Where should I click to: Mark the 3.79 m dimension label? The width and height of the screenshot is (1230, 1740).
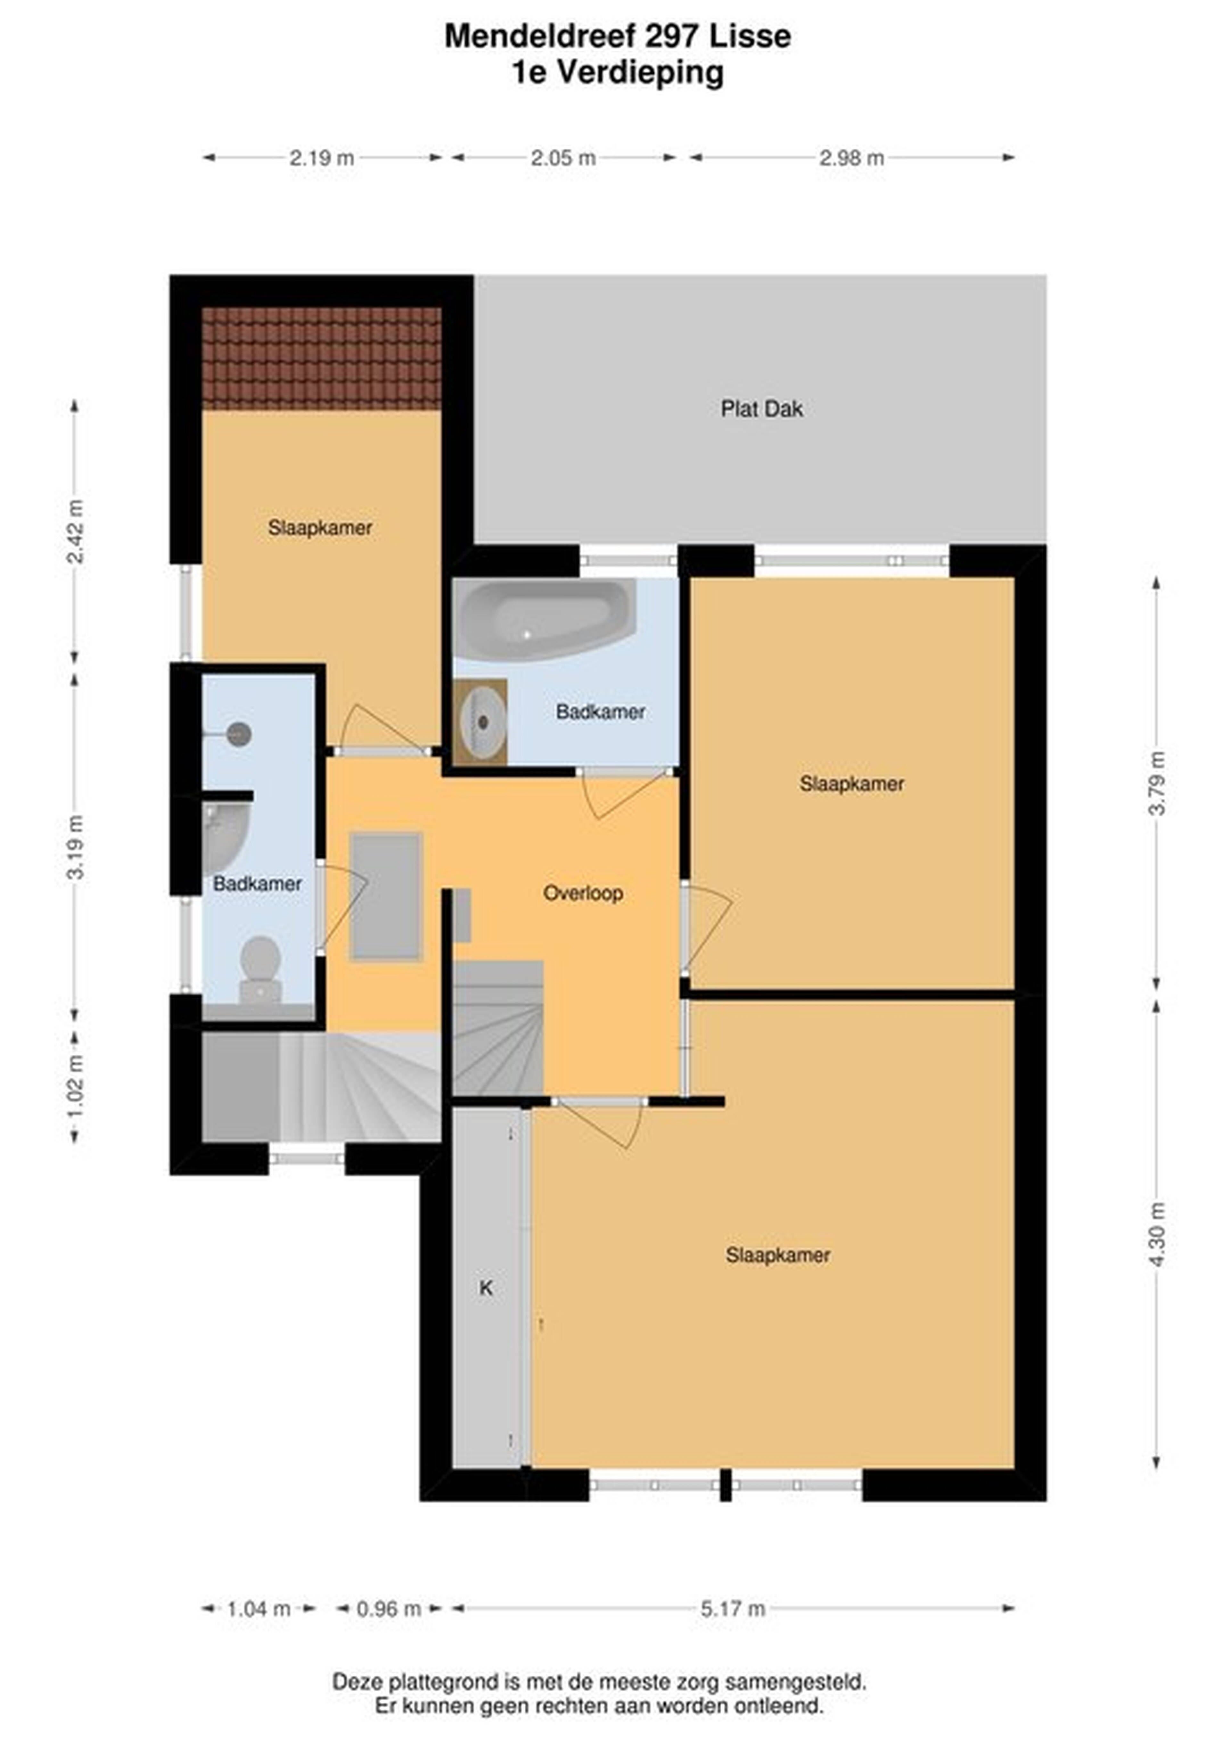point(1156,783)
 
